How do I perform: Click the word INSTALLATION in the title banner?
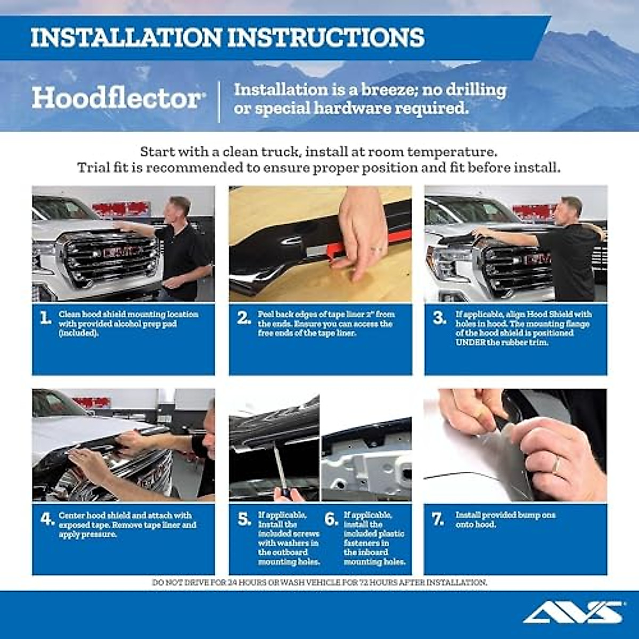point(126,38)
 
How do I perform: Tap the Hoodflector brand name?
point(116,99)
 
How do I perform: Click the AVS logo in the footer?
point(572,612)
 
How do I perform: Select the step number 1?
point(46,318)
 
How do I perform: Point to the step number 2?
point(244,318)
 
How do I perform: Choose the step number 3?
point(439,318)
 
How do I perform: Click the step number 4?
point(47,519)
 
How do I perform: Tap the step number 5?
point(244,519)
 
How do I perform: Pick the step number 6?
point(331,519)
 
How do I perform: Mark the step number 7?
point(438,519)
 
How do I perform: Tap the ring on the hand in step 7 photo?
point(556,466)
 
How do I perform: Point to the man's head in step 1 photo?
point(179,207)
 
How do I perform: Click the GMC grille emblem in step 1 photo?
point(123,252)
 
